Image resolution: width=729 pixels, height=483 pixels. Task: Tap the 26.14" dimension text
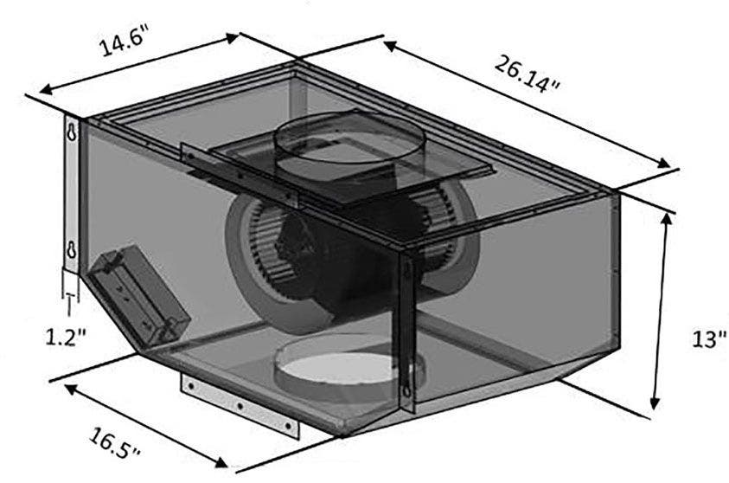tap(528, 74)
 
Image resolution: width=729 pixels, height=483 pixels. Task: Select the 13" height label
tap(708, 338)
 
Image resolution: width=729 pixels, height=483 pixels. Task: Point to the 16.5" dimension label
tap(114, 444)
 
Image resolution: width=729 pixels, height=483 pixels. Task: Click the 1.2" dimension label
tap(66, 337)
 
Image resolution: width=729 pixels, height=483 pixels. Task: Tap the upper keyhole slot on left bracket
tap(72, 132)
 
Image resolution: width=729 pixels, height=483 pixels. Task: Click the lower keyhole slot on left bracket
tap(72, 249)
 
